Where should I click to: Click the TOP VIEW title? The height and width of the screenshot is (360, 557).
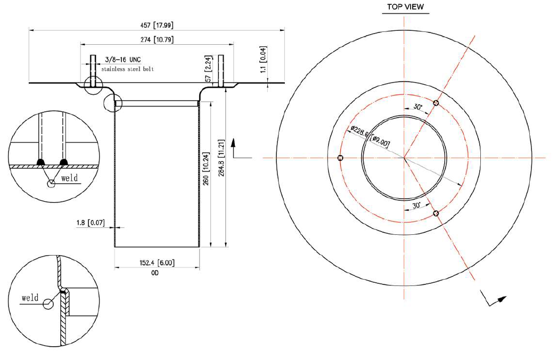tap(405, 7)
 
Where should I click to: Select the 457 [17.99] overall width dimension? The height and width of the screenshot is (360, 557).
tap(157, 25)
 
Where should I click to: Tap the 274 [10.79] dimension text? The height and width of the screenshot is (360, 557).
tap(157, 39)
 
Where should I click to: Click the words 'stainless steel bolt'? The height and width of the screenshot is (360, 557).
tap(127, 69)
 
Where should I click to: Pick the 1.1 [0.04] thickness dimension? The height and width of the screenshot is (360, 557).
tap(263, 59)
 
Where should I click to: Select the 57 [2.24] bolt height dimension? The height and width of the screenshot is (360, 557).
tap(209, 68)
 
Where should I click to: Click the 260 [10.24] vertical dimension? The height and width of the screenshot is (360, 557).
tap(206, 168)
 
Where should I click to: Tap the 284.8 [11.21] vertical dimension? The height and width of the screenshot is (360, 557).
tap(221, 158)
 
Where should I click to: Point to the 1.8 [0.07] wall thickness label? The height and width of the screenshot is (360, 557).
tap(91, 223)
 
